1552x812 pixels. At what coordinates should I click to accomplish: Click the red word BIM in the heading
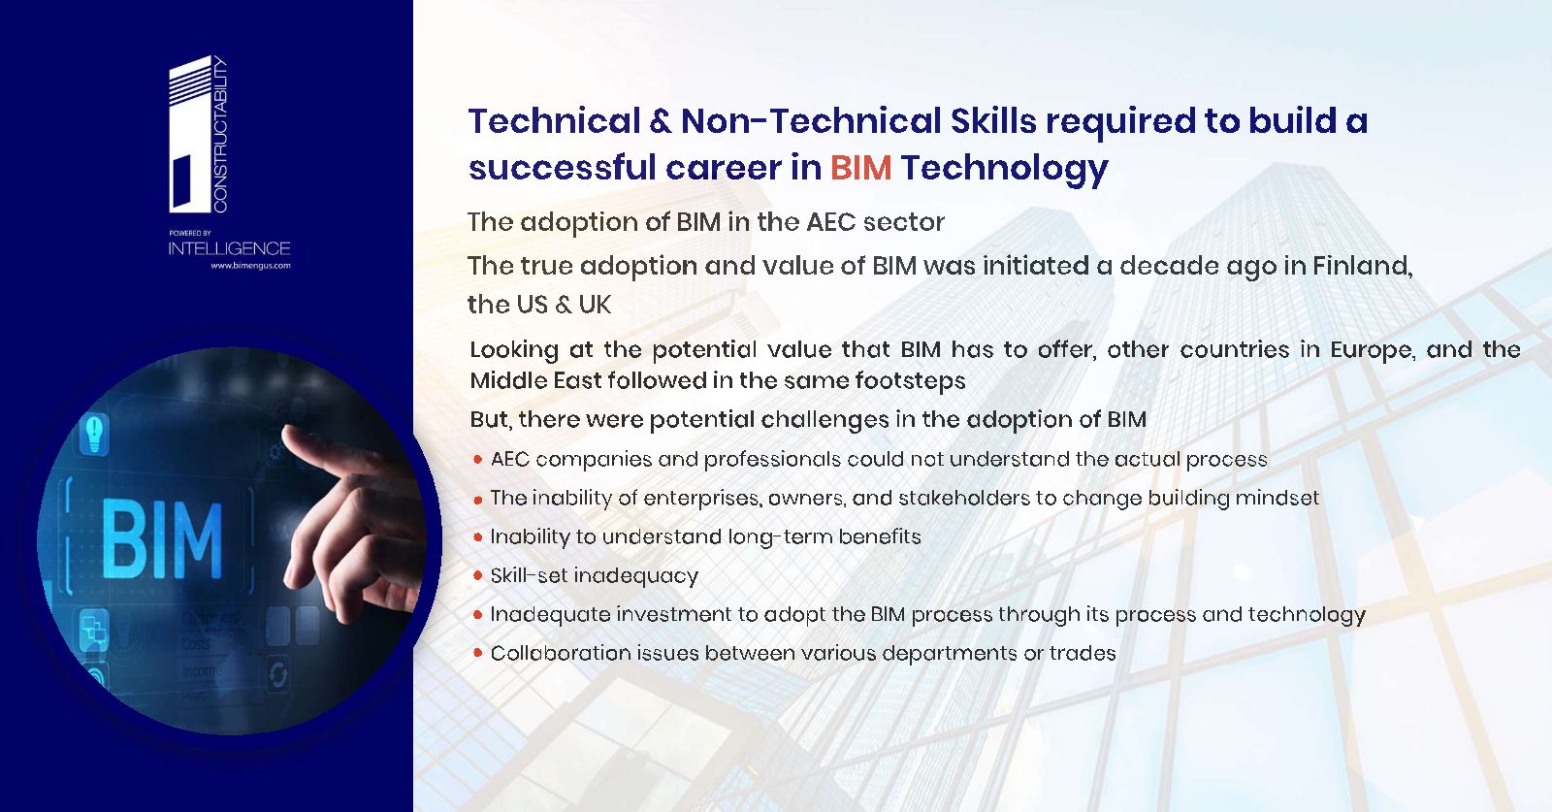pos(860,168)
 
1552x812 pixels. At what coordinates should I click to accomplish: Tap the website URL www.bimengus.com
pos(251,266)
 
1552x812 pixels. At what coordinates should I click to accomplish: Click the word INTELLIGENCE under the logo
pos(229,248)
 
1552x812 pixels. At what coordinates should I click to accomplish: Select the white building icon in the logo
pos(190,135)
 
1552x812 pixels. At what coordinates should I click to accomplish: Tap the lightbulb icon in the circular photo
pos(95,433)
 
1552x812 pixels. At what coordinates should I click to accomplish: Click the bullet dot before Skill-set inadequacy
pos(477,575)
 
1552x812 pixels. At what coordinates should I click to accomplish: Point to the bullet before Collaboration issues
pos(477,653)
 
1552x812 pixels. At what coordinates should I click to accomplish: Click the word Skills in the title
pos(993,120)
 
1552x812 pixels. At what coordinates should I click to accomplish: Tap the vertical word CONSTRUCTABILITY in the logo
pos(220,135)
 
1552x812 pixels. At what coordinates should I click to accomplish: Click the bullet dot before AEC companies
pos(477,459)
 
